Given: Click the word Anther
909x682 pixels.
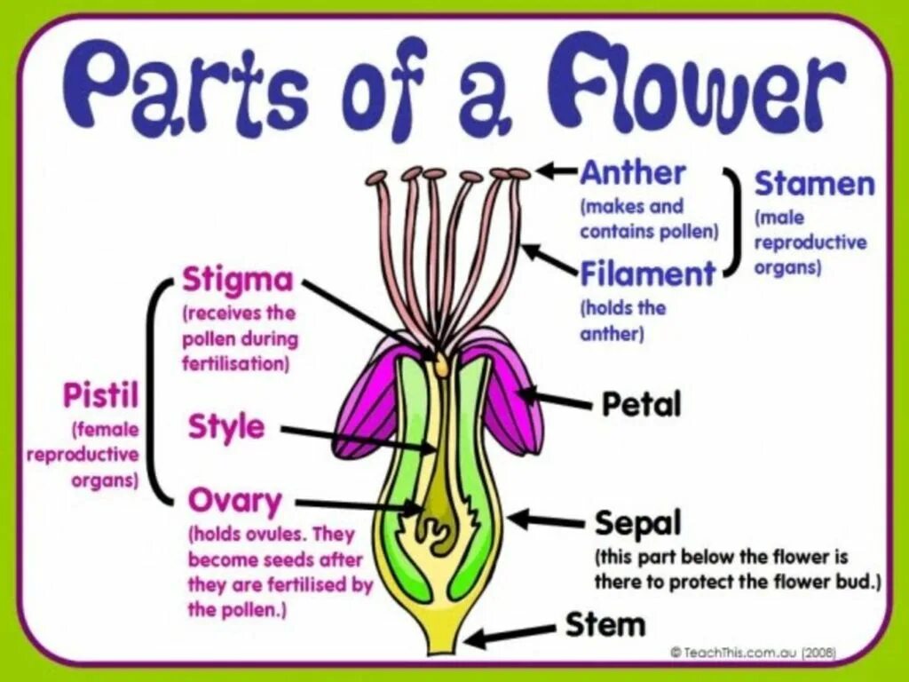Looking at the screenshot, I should click(632, 173).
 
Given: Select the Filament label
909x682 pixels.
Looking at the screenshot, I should click(647, 274).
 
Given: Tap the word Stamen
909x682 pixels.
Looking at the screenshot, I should click(814, 185).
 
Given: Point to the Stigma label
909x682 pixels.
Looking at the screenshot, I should click(237, 281).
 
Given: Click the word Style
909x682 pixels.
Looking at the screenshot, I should click(226, 427).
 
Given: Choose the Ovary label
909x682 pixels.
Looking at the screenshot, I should click(234, 502).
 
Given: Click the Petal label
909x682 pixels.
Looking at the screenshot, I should click(641, 405).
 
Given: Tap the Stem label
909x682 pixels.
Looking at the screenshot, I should click(605, 625).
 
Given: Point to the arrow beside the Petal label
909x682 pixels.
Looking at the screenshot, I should click(555, 400).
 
